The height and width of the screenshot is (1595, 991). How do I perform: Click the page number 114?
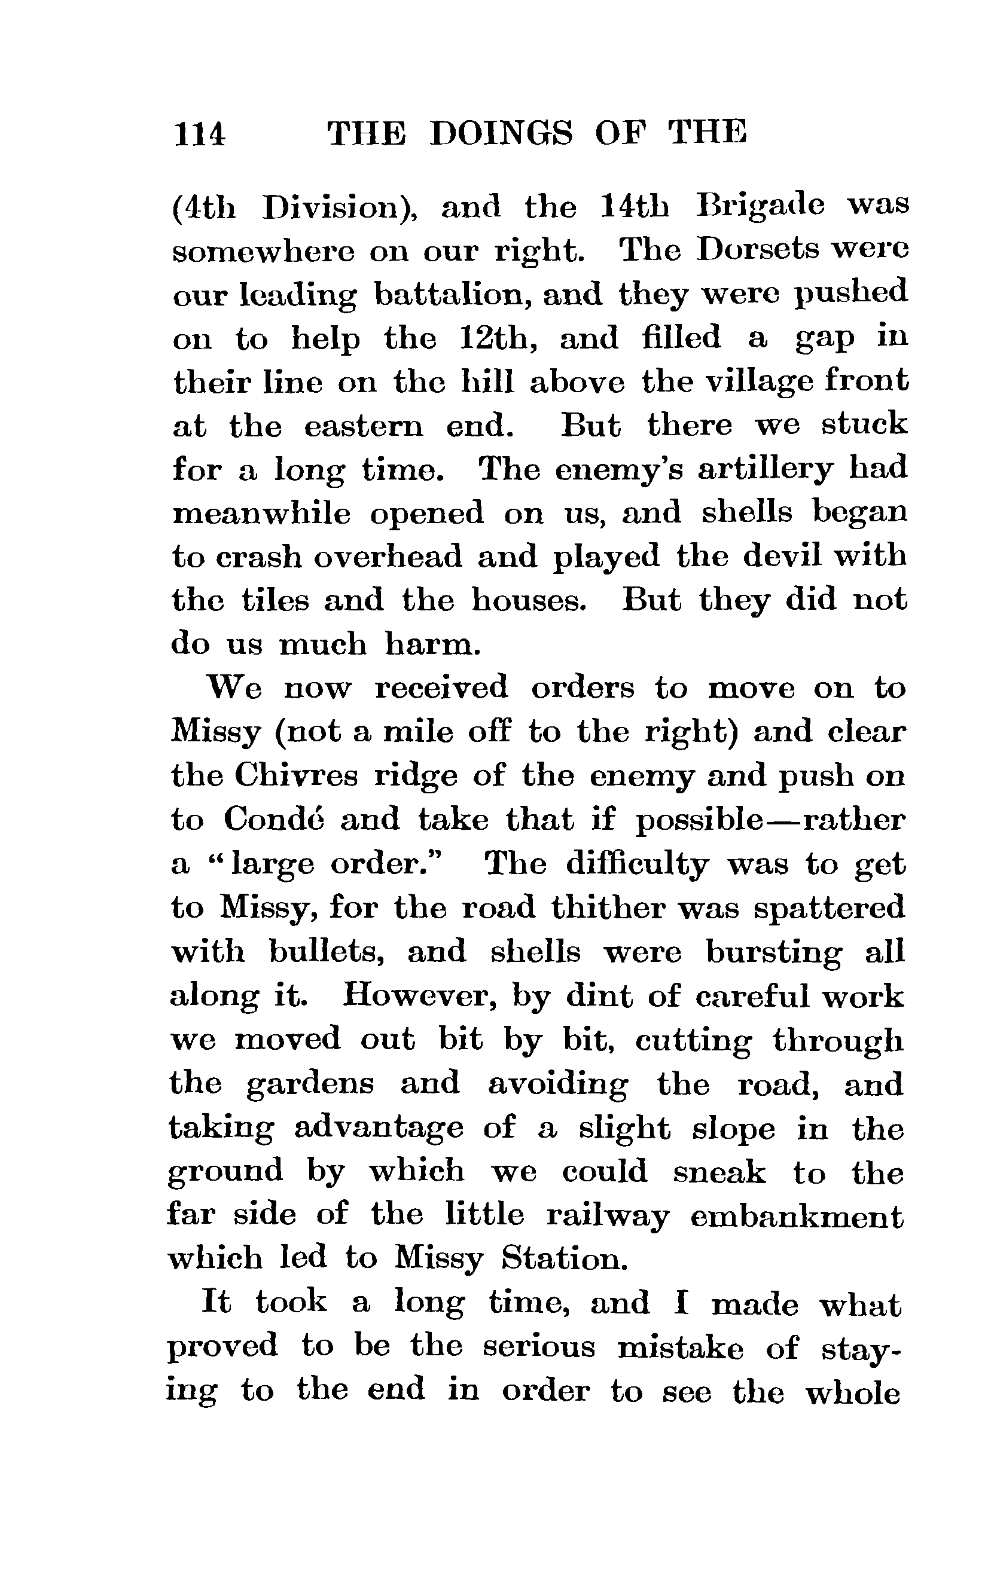(x=199, y=135)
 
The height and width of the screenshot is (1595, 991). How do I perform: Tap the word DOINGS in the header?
(x=501, y=134)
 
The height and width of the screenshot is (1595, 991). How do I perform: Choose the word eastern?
(x=364, y=426)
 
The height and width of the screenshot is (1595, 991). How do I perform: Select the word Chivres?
(x=297, y=776)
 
